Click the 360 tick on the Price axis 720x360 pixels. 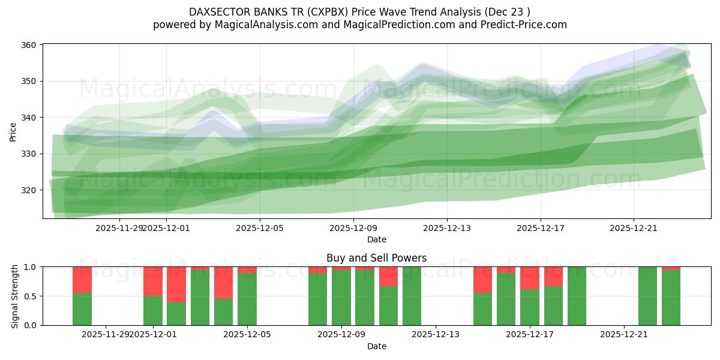29,45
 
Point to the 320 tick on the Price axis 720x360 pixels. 29,190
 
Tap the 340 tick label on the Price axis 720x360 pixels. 29,118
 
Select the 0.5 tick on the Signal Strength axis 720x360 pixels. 30,296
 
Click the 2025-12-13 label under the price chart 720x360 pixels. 447,228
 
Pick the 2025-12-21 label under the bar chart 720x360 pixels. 624,335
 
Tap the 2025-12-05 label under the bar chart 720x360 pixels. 247,335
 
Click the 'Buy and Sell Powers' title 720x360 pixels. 376,258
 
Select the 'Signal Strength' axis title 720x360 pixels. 15,296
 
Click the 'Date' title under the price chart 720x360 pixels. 376,239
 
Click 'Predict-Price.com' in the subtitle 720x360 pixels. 522,25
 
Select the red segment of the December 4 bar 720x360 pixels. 223,283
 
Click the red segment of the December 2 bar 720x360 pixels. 176,284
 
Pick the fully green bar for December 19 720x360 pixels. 577,296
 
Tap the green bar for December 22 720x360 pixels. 647,296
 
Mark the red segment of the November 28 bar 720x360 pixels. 82,280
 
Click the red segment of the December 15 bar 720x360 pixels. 482,280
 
